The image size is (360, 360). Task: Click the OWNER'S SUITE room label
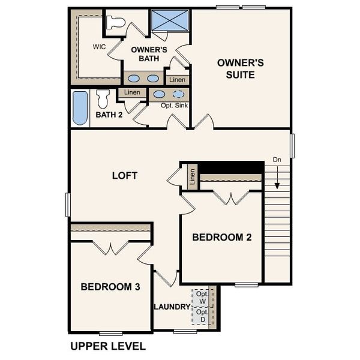[236, 68]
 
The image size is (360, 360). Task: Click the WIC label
[99, 46]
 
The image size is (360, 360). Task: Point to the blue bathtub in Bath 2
[80, 108]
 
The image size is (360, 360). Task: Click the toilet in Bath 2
[103, 98]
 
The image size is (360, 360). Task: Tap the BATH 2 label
[109, 114]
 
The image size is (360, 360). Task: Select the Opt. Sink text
[173, 105]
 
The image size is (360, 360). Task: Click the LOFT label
[125, 176]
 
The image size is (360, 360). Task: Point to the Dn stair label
[277, 160]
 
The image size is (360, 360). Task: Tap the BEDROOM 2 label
[221, 238]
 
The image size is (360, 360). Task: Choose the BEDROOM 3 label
[110, 287]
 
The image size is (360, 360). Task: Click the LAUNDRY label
[172, 307]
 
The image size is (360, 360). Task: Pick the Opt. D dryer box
[202, 316]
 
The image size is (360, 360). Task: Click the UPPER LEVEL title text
[108, 346]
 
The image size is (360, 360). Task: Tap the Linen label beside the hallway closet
[193, 177]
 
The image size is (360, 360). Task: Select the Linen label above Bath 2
[132, 92]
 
